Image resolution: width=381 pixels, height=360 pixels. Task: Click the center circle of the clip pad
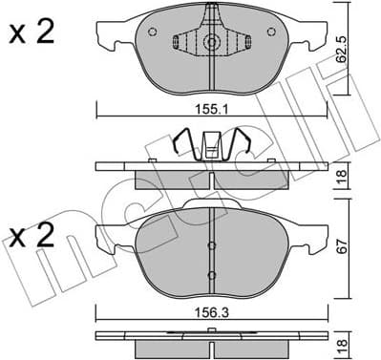[x=210, y=43]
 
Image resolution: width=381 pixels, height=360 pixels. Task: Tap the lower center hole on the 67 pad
[x=210, y=276]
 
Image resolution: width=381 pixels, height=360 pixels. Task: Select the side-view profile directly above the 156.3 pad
[x=210, y=169]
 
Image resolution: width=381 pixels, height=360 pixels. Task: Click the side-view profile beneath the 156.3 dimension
[x=210, y=336]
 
